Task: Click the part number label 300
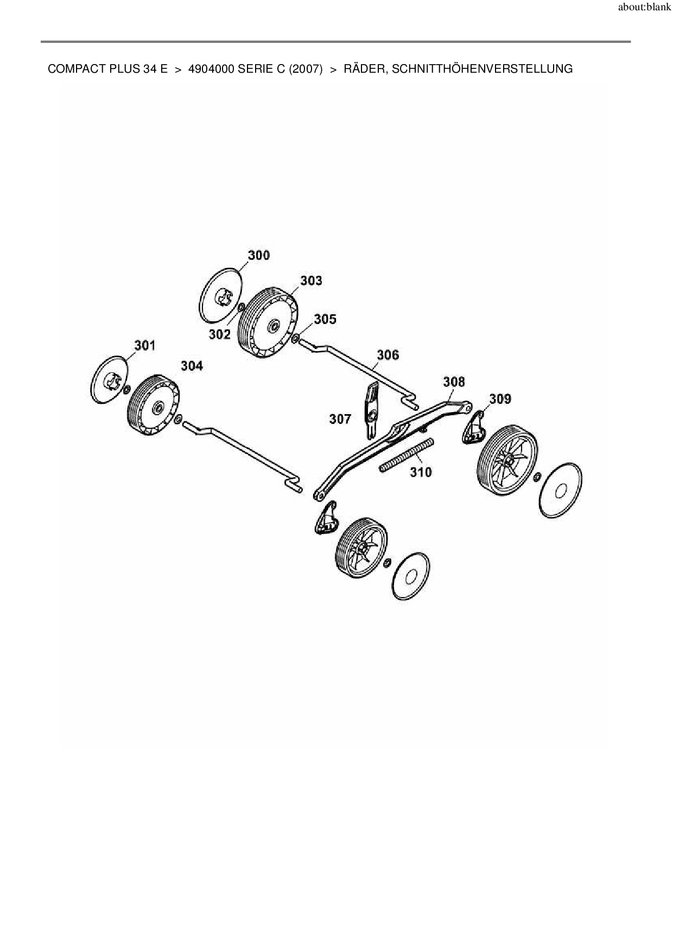pos(258,255)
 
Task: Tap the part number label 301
pos(145,345)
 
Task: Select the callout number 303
pos(311,280)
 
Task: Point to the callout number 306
pos(388,354)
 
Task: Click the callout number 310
pos(421,472)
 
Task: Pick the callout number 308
pos(454,382)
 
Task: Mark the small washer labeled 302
pos(240,308)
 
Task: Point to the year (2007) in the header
pos(306,69)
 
